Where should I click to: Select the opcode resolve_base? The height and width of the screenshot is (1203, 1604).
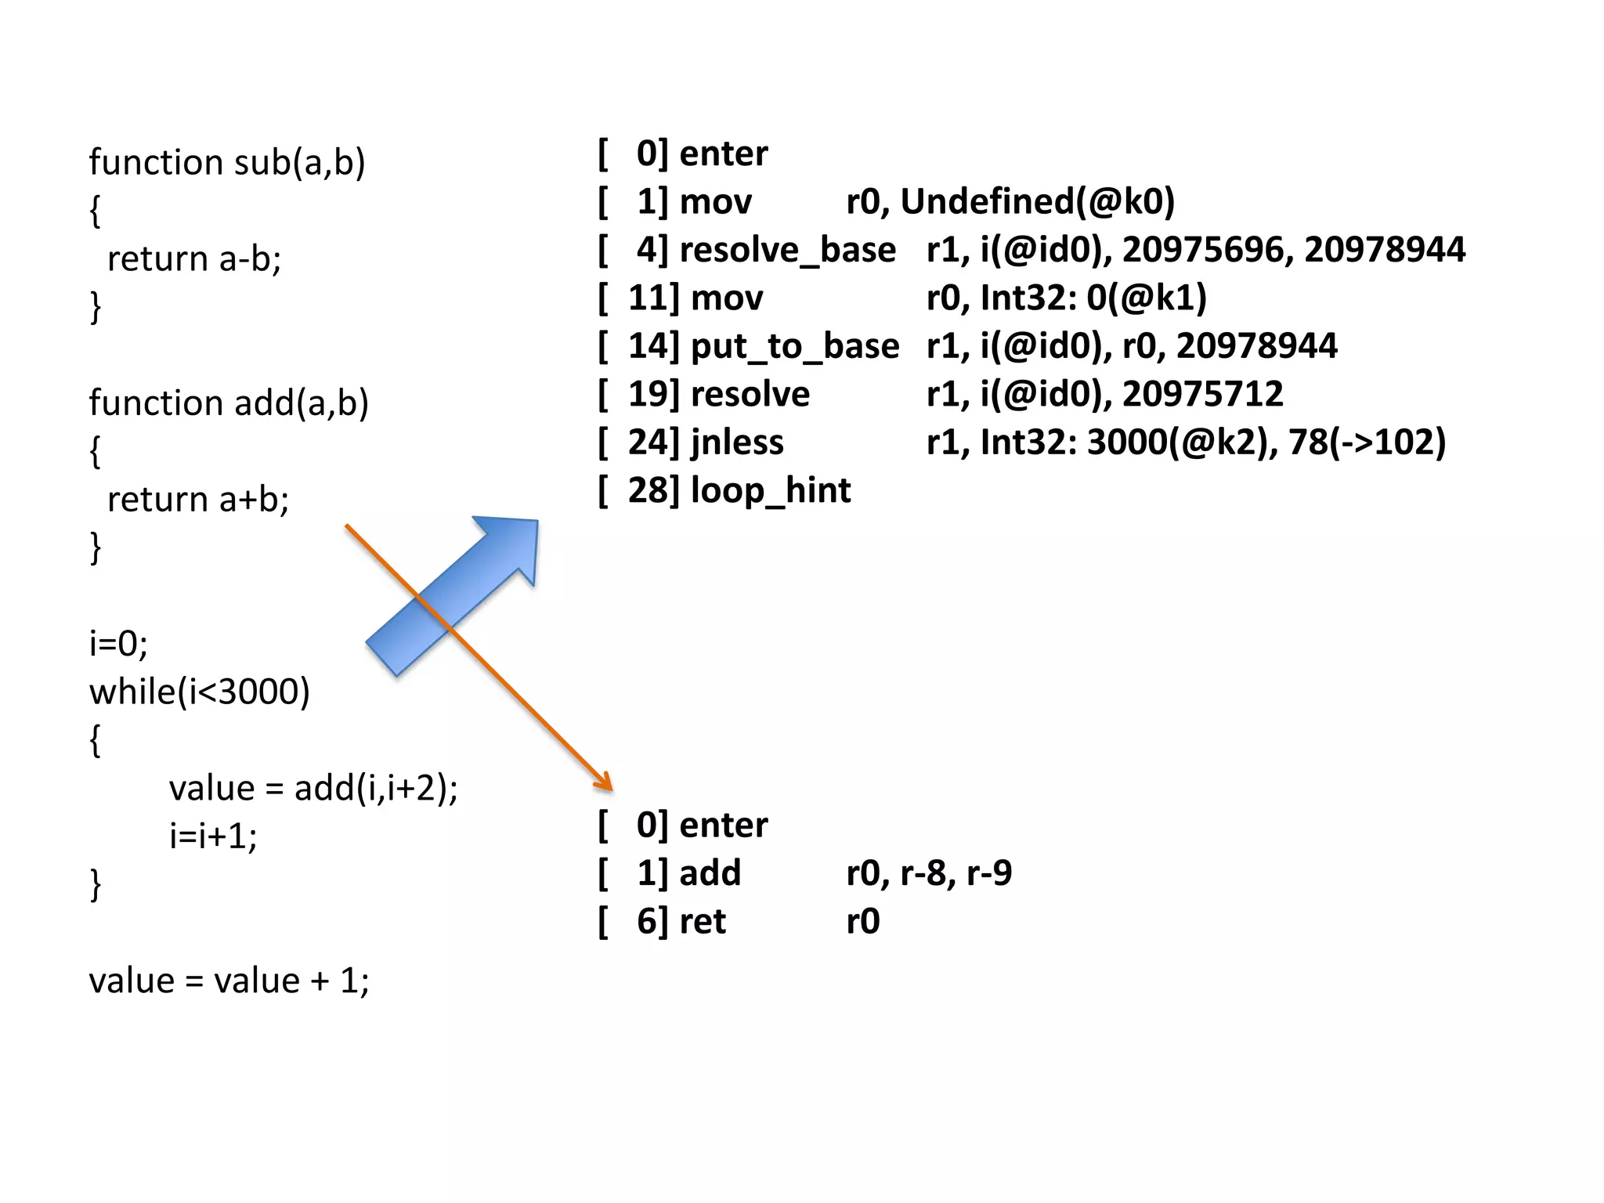[x=787, y=250]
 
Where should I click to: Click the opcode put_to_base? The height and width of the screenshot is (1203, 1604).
[x=795, y=346]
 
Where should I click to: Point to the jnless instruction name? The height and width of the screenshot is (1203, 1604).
[x=737, y=443]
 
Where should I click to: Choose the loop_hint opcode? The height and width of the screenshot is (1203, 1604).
[x=771, y=491]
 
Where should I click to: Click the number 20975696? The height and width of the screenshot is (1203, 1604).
[x=1207, y=250]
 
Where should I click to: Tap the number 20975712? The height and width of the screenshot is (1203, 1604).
[x=1202, y=394]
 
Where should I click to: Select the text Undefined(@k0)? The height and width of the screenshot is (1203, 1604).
[x=1038, y=202]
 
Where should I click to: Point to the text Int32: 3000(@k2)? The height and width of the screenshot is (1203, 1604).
[x=1124, y=443]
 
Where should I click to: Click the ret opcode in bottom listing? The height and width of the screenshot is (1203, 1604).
[x=703, y=922]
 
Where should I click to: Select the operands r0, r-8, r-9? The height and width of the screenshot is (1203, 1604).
[x=929, y=873]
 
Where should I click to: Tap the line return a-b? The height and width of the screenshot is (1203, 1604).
[x=194, y=259]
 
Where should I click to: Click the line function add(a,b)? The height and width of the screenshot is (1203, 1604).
[x=229, y=403]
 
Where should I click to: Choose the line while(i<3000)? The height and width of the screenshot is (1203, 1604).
[x=200, y=692]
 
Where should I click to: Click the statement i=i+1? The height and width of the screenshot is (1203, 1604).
[x=213, y=836]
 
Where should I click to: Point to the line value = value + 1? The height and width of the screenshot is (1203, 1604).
[x=229, y=981]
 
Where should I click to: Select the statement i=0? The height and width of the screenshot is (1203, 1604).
[x=118, y=644]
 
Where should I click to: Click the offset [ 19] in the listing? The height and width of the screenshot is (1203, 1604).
[x=639, y=394]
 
